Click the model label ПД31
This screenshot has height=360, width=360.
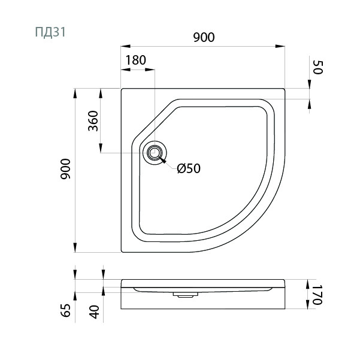(x=50, y=32)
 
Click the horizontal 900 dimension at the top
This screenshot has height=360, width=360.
(x=204, y=37)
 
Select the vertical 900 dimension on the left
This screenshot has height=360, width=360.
(x=66, y=169)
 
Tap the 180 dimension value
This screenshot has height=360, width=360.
(x=136, y=60)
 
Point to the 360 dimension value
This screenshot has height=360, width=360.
(x=93, y=121)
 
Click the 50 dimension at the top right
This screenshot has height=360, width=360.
(x=318, y=67)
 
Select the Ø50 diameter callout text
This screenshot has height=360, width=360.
(x=189, y=168)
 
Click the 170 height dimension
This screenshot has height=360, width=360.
(x=317, y=295)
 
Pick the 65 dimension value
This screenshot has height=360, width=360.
(x=66, y=310)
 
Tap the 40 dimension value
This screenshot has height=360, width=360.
(x=95, y=312)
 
